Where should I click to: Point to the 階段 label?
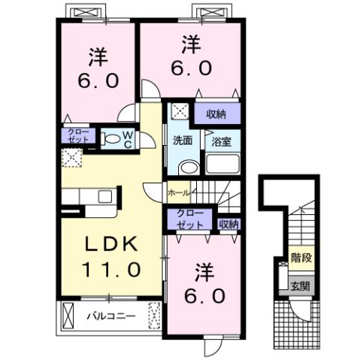point(301,257)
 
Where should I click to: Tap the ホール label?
point(178,192)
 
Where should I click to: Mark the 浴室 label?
point(222,141)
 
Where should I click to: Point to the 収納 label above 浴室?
point(216,114)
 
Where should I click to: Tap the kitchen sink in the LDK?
point(104,197)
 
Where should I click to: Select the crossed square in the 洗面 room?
point(180,112)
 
